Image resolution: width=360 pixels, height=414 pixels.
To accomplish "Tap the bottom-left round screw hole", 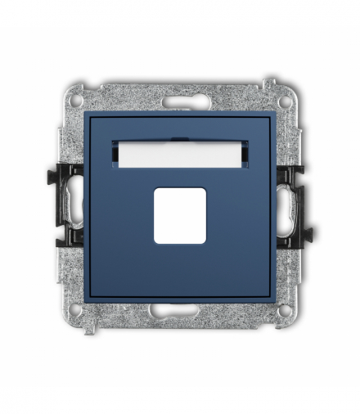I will click(x=75, y=310).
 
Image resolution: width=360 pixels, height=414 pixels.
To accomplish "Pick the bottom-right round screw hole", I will click(x=283, y=310).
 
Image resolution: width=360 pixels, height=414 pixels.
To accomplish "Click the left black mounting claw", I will click(x=68, y=205).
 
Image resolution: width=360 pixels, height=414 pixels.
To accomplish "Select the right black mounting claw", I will click(x=292, y=205).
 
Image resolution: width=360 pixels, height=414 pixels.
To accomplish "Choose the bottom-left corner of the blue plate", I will click(x=85, y=301).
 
